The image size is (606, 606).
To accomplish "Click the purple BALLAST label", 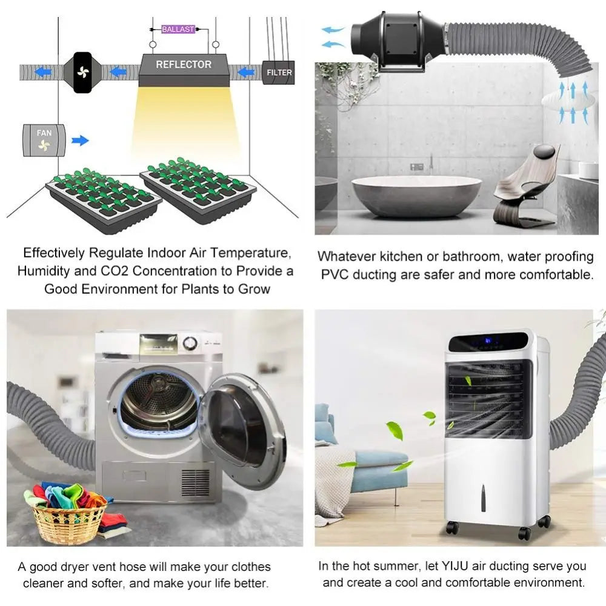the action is pyautogui.click(x=178, y=29).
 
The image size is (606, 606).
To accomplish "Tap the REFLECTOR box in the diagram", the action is pyautogui.click(x=184, y=70).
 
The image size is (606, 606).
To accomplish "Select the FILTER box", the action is pyautogui.click(x=279, y=72).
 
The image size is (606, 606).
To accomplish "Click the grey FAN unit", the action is pyautogui.click(x=44, y=141).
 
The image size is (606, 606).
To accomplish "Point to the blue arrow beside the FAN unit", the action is pyautogui.click(x=81, y=141).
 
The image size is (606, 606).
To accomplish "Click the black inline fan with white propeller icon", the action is pyautogui.click(x=82, y=72).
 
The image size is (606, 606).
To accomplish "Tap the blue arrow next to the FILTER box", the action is pyautogui.click(x=246, y=72).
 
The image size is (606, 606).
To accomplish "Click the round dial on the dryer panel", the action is pyautogui.click(x=190, y=343).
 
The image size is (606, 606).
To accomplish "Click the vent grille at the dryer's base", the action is pyautogui.click(x=196, y=482).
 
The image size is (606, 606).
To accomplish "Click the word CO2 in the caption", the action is pyautogui.click(x=115, y=271).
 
